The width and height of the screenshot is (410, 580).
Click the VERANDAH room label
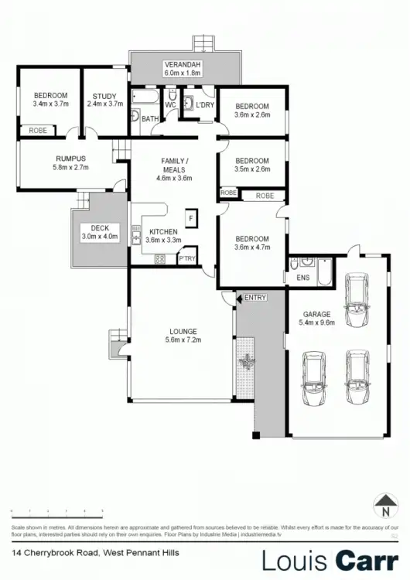click(x=182, y=63)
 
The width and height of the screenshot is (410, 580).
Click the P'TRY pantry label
click(x=186, y=260)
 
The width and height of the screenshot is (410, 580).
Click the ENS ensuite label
click(x=302, y=276)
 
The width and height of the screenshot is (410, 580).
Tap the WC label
click(x=171, y=105)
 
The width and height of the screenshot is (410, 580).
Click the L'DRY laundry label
click(x=204, y=105)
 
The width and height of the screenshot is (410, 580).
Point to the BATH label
click(x=149, y=119)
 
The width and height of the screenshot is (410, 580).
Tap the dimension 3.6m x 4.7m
click(x=252, y=248)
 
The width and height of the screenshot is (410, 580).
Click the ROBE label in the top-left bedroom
click(x=37, y=131)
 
